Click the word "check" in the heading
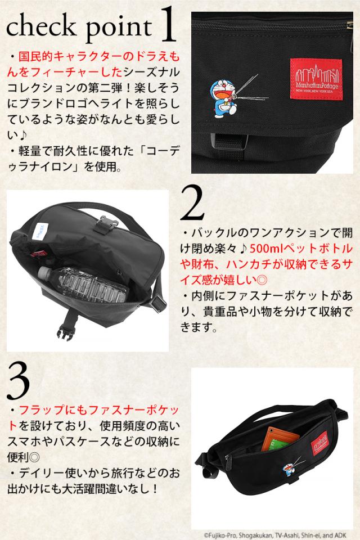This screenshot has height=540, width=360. [37, 26]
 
